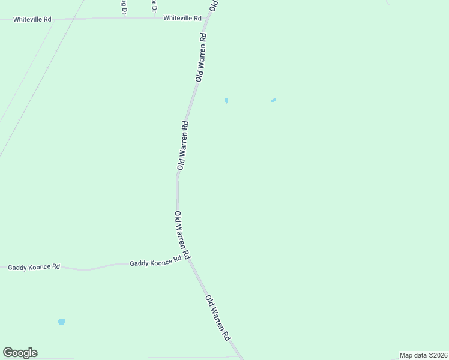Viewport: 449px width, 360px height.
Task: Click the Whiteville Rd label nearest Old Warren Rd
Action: point(182,19)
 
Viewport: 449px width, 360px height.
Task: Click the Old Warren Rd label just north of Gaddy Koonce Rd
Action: point(182,235)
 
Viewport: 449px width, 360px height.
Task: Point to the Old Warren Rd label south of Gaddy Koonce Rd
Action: point(218,319)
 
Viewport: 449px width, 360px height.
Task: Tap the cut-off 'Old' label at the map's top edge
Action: point(212,5)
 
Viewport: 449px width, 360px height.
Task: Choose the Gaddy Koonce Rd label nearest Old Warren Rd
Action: point(155,263)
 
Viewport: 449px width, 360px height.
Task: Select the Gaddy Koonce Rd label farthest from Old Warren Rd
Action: point(34,267)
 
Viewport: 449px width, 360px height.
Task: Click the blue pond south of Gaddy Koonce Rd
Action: point(61,322)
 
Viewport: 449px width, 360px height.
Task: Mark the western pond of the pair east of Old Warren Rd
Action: point(226,101)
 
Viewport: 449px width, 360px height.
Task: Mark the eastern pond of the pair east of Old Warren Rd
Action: point(273,100)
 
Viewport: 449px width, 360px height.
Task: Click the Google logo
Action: point(20,353)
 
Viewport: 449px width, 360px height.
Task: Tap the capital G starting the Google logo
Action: point(7,353)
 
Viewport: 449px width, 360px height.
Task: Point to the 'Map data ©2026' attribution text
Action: point(423,355)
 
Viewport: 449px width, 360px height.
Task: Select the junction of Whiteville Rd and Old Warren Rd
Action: point(206,19)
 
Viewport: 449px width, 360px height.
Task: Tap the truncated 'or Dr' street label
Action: point(154,6)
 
